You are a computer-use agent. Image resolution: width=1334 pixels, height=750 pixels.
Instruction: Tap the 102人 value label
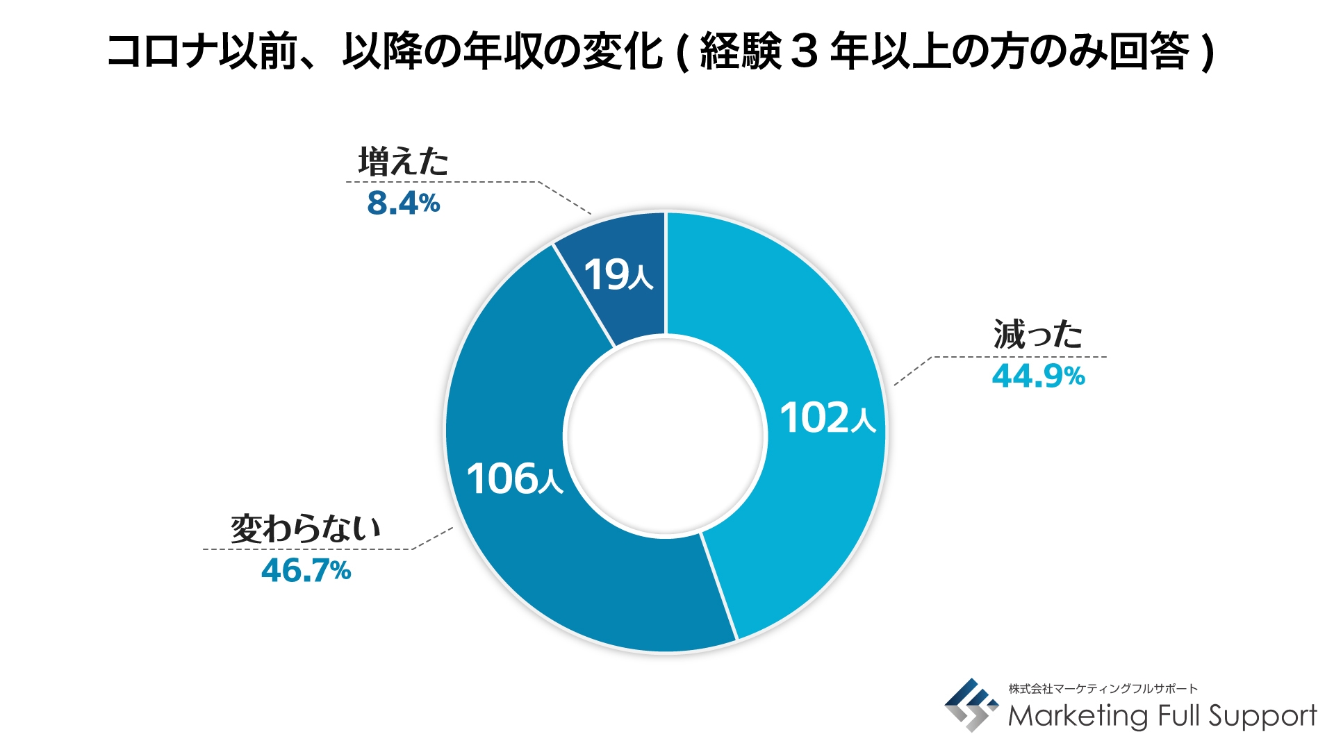pos(827,418)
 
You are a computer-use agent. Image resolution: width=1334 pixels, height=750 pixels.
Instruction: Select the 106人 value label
pos(514,478)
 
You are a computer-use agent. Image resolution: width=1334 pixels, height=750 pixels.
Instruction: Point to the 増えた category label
pos(403,162)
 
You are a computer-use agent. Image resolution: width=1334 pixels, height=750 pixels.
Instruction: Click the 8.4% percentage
pos(403,203)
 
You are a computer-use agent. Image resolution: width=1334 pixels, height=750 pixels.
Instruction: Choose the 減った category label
pos(1037,335)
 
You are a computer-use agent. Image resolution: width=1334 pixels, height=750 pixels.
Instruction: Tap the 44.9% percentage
pos(1038,376)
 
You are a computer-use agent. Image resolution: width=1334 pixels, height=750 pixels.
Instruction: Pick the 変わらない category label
pos(306,529)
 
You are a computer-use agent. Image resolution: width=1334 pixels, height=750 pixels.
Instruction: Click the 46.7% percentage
pos(306,571)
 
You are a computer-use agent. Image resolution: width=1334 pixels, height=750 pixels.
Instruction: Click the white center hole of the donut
pos(666,435)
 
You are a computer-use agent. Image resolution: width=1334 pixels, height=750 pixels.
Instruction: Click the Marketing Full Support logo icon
pos(971,705)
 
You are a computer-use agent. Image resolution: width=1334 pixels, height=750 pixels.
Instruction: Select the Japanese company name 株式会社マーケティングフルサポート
pos(1103,689)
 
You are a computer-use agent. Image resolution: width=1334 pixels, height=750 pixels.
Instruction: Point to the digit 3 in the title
pos(803,52)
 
